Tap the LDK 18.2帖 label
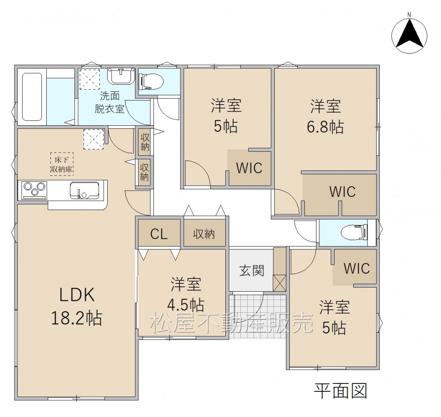tap(76, 306)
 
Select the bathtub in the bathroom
tap(32, 97)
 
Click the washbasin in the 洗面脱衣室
tap(121, 76)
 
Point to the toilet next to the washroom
tap(151, 82)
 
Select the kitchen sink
tap(84, 190)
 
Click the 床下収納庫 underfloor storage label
tap(62, 164)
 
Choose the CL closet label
tap(159, 233)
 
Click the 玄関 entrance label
tap(252, 270)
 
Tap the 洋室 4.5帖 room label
tap(186, 294)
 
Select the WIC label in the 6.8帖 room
tap(342, 192)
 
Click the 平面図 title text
tap(340, 391)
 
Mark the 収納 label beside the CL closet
tap(204, 234)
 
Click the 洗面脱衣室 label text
tap(109, 102)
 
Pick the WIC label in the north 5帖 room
tap(249, 168)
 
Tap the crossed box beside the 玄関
tap(280, 283)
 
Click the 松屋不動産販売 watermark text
tap(232, 323)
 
